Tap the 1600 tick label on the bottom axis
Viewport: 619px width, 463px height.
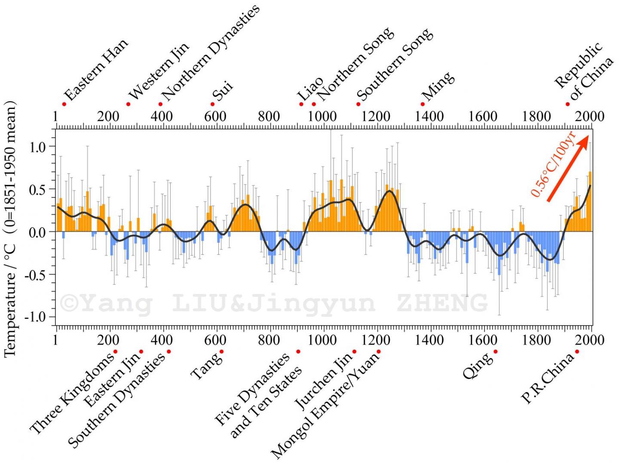482,340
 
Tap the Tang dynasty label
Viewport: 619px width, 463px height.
206,366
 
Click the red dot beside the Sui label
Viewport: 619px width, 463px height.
212,104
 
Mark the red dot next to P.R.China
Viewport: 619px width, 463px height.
577,352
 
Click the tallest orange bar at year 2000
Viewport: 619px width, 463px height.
590,201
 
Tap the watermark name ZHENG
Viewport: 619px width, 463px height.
442,303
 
